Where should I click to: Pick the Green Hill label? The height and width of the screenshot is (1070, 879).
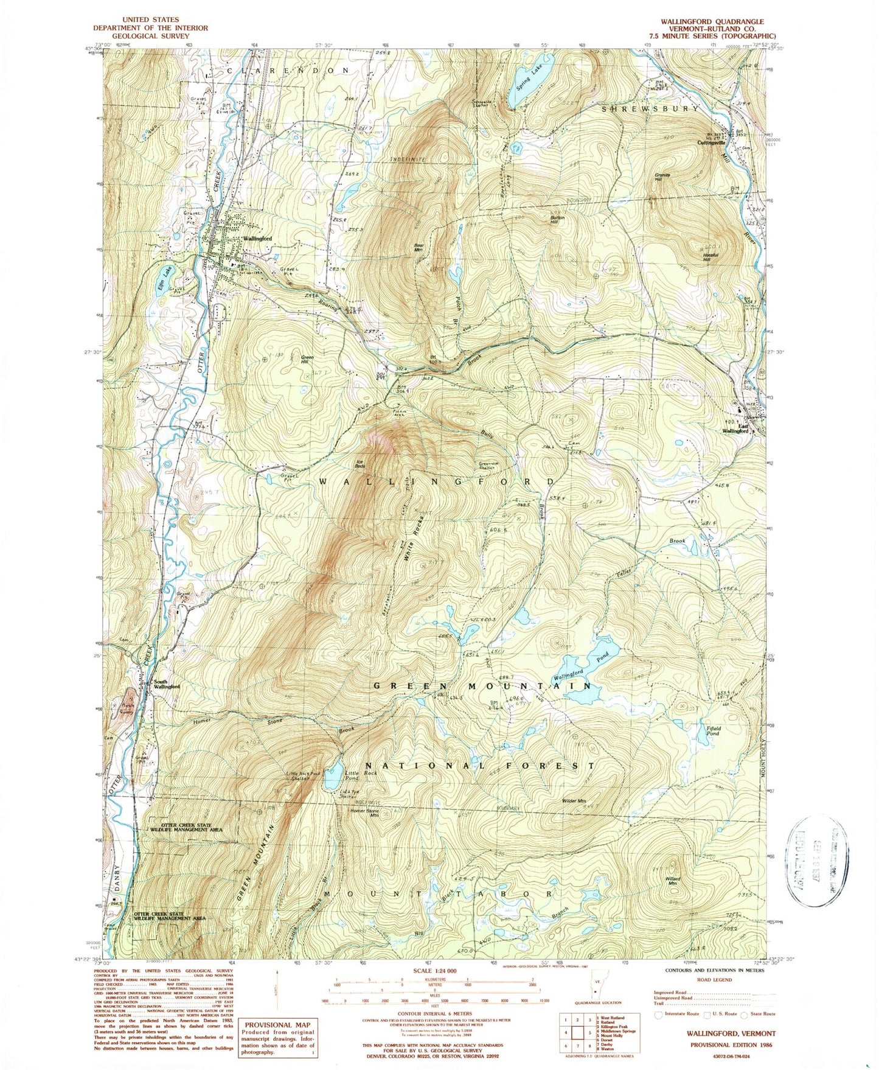coord(308,358)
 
